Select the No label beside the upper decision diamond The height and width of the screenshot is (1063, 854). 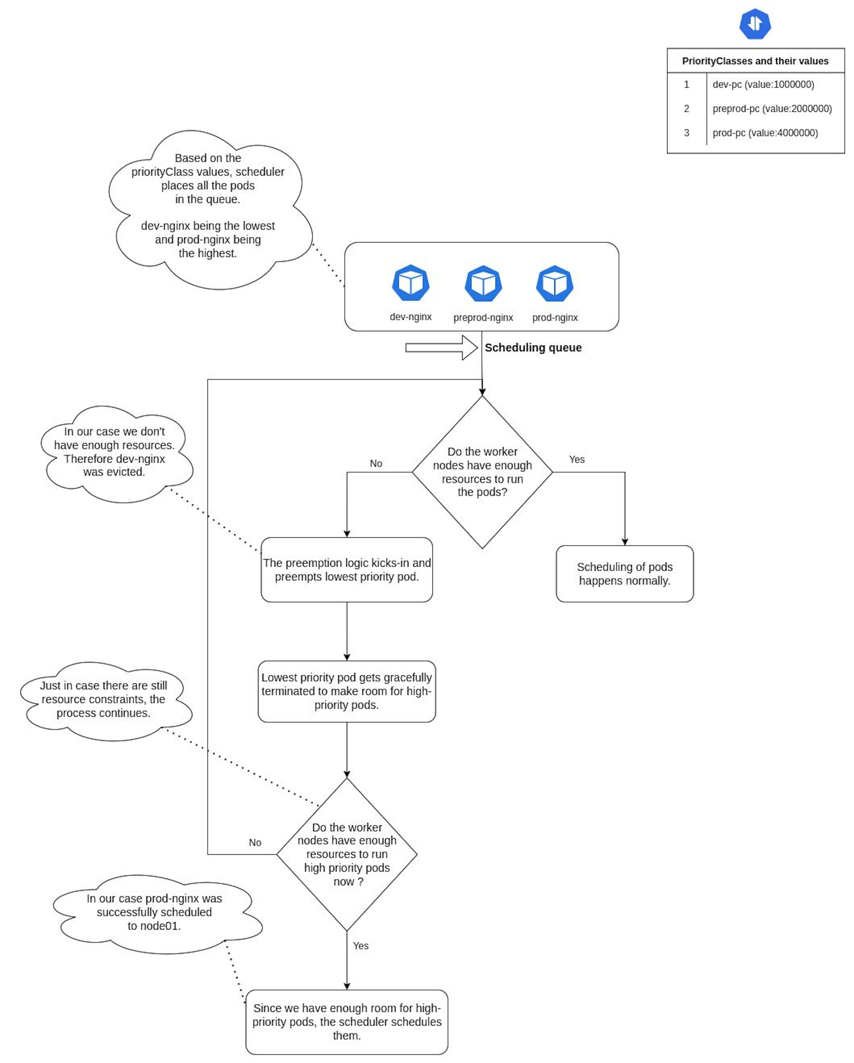click(x=376, y=464)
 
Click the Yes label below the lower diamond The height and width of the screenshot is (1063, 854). click(x=361, y=946)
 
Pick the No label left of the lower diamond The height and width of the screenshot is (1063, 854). click(x=255, y=843)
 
